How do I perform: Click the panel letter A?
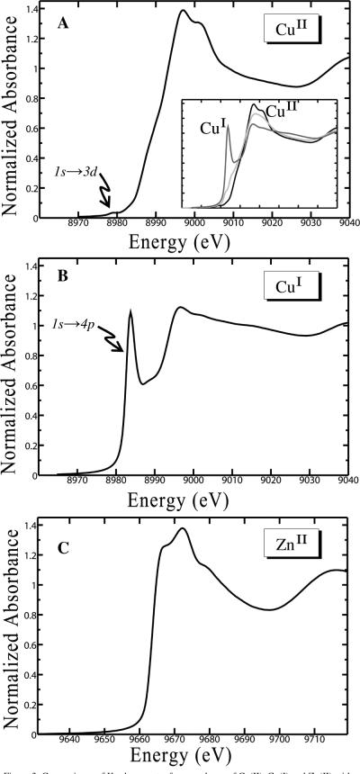pos(64,22)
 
